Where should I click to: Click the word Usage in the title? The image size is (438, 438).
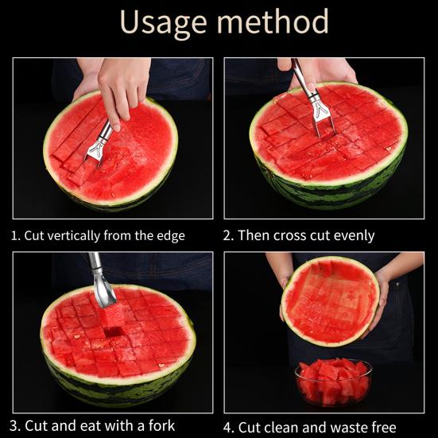pyautogui.click(x=162, y=22)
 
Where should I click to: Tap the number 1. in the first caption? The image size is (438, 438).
pyautogui.click(x=15, y=235)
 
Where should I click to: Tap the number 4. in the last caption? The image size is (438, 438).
pyautogui.click(x=230, y=426)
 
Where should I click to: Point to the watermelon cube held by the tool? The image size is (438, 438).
pyautogui.click(x=114, y=321)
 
